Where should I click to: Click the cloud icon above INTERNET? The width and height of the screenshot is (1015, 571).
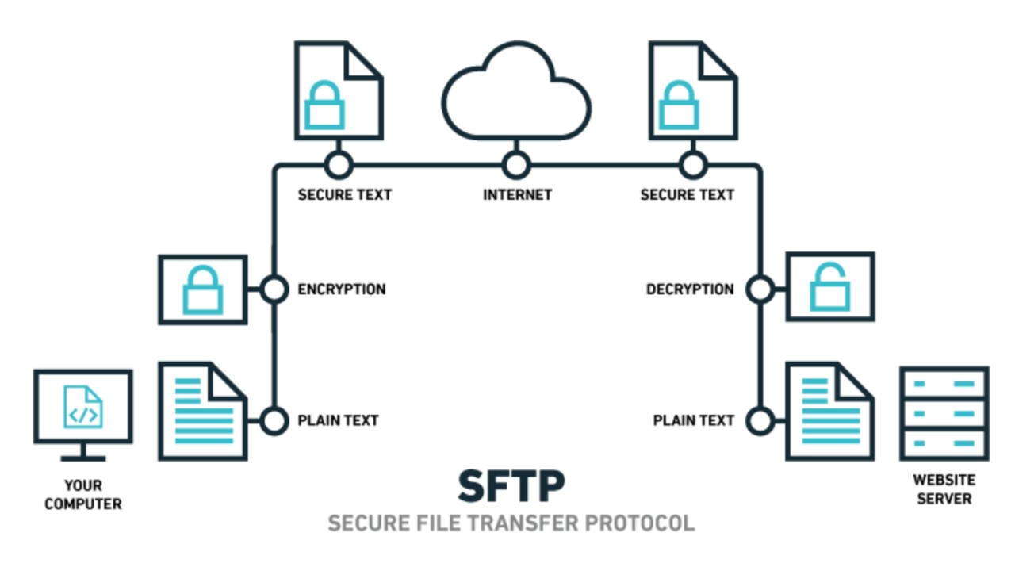(516, 94)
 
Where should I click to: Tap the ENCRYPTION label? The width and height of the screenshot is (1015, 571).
(342, 289)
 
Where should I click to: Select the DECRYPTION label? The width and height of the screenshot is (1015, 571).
(690, 289)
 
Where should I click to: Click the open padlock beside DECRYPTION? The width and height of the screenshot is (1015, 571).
(830, 286)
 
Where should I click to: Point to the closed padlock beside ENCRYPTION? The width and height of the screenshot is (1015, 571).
(203, 289)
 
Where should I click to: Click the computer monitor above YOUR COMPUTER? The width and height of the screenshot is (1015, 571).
(83, 408)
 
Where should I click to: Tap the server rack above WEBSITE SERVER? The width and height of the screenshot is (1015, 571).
(944, 413)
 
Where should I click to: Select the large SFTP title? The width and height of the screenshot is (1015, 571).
(511, 486)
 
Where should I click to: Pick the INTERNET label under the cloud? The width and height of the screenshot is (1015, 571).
(517, 194)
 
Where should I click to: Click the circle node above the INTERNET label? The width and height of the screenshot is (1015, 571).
(516, 166)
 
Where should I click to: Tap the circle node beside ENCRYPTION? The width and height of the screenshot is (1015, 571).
(274, 289)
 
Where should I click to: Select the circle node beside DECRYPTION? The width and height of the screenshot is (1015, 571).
(760, 289)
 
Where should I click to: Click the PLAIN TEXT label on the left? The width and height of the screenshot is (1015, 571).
(338, 420)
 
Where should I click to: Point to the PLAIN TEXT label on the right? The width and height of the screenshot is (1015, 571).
(693, 420)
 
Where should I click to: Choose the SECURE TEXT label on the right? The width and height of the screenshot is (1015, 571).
(687, 194)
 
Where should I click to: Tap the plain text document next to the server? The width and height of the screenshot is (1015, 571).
(829, 411)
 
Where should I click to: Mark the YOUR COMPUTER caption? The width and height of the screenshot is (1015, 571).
(83, 494)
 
